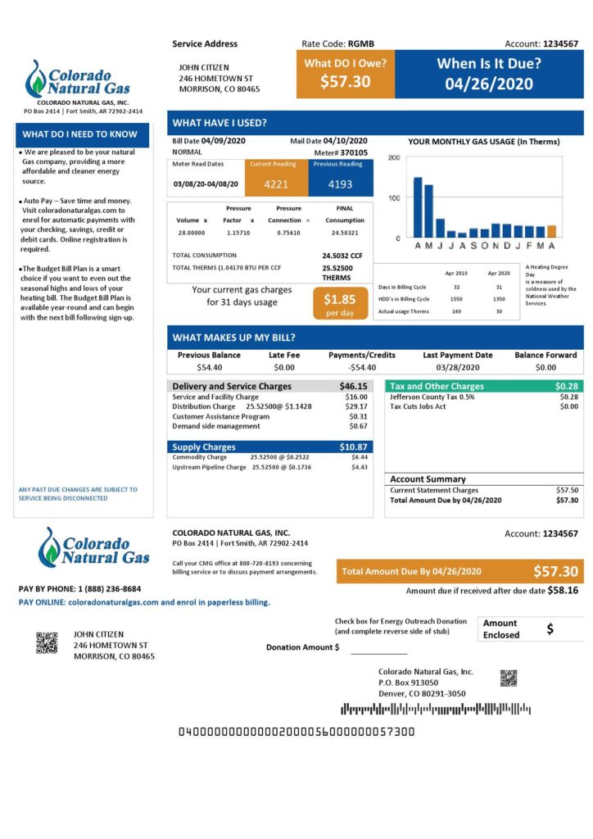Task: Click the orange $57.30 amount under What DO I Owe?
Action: pos(345,82)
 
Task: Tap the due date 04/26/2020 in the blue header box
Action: pos(489,84)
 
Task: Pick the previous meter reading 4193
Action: pos(340,184)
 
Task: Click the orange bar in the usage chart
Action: pos(551,231)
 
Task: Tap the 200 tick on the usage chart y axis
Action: pos(394,158)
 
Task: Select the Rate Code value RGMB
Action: pos(361,44)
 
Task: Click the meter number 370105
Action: pos(354,152)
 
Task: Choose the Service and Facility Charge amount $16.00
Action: pos(357,397)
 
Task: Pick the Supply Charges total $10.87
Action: pos(353,447)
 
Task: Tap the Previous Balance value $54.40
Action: pos(209,368)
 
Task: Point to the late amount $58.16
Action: pos(562,590)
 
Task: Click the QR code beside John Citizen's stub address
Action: pos(47,642)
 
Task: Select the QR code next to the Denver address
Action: pos(509,678)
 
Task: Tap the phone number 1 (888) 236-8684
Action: pos(109,589)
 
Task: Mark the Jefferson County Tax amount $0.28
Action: pos(568,397)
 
